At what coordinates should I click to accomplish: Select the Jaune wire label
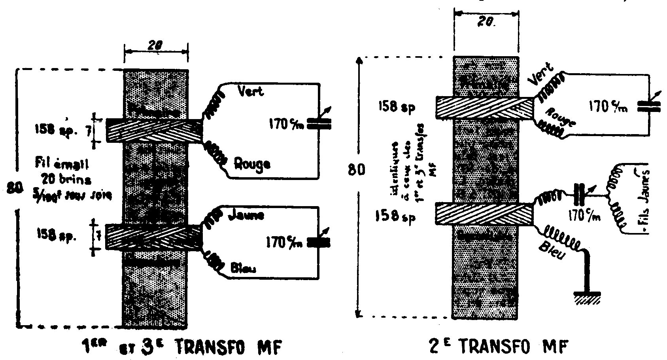[246, 216]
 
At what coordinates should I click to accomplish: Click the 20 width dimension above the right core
[487, 23]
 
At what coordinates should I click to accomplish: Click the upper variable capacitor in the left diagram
[318, 123]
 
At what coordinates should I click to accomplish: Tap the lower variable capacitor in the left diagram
[318, 243]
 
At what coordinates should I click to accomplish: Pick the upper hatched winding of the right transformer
[484, 107]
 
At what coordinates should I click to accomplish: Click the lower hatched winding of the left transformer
[154, 237]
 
